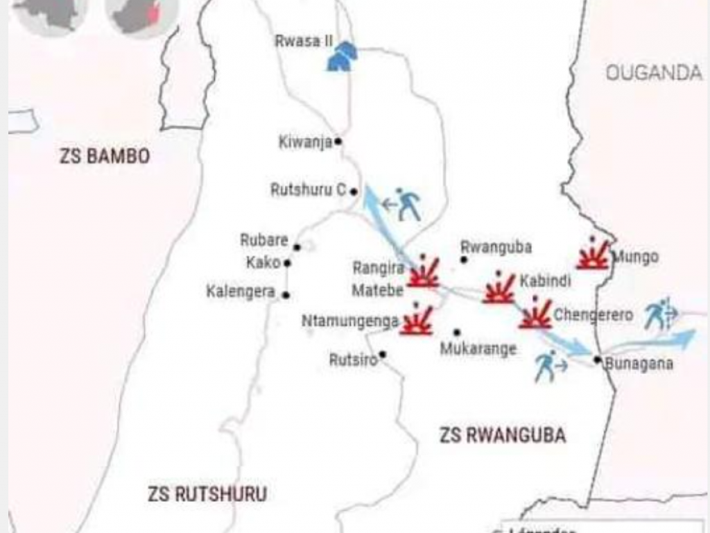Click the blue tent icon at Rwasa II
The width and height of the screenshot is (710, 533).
click(x=343, y=56)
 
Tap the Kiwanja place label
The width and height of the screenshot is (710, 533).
click(x=305, y=142)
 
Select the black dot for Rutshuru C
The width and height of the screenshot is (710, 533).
click(x=354, y=192)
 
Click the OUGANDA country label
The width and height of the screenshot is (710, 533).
click(x=654, y=73)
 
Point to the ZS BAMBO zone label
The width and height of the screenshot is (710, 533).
click(x=105, y=156)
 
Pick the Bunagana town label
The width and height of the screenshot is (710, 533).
click(x=639, y=364)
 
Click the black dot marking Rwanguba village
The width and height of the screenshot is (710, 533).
click(x=464, y=260)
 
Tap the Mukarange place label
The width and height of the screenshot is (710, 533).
click(x=478, y=348)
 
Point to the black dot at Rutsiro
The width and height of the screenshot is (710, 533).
click(x=382, y=355)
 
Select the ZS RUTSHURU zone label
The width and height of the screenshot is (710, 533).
click(x=207, y=494)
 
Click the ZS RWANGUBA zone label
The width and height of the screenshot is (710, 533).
click(x=503, y=435)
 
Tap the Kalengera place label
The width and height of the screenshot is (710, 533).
click(x=241, y=292)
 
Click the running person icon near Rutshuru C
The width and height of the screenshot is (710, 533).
click(x=408, y=204)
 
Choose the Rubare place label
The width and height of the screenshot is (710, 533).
click(x=263, y=240)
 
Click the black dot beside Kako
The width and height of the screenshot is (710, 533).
click(x=287, y=263)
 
